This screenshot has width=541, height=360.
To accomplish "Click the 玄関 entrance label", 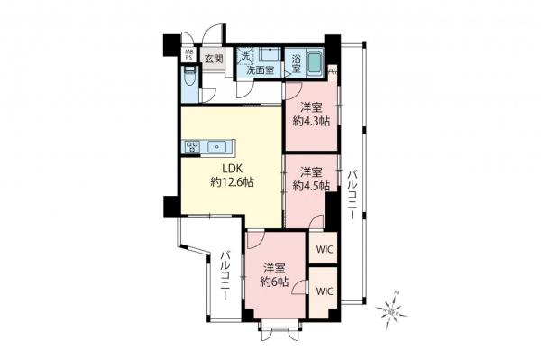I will (x=213, y=60).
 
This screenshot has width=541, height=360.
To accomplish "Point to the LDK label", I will (x=232, y=167).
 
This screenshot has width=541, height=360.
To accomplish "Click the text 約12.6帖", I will (x=232, y=181).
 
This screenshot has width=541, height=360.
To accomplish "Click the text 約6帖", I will (x=275, y=282).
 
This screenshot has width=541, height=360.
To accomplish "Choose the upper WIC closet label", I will (x=324, y=247).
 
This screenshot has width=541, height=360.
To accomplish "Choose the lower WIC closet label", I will (x=324, y=291).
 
